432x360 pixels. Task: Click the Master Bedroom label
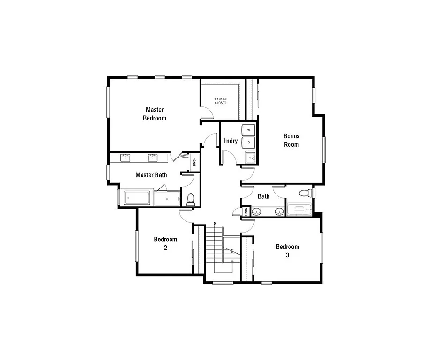(x=155, y=114)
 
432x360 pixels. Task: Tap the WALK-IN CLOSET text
(x=220, y=100)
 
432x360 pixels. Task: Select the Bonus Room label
(x=291, y=140)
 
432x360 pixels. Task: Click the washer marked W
(x=248, y=130)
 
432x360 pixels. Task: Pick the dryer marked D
(x=248, y=142)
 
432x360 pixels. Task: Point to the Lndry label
(x=231, y=141)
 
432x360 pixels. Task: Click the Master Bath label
(x=151, y=175)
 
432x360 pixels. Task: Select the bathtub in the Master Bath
(x=138, y=198)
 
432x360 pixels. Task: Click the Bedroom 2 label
(x=165, y=243)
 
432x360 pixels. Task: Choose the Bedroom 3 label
(x=287, y=251)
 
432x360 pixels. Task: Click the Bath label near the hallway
(x=264, y=196)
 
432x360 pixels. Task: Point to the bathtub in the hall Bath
(x=299, y=210)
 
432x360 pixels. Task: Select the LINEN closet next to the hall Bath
(x=246, y=211)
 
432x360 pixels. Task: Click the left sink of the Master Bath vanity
(x=126, y=157)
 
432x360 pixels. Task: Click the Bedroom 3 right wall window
(x=322, y=248)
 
